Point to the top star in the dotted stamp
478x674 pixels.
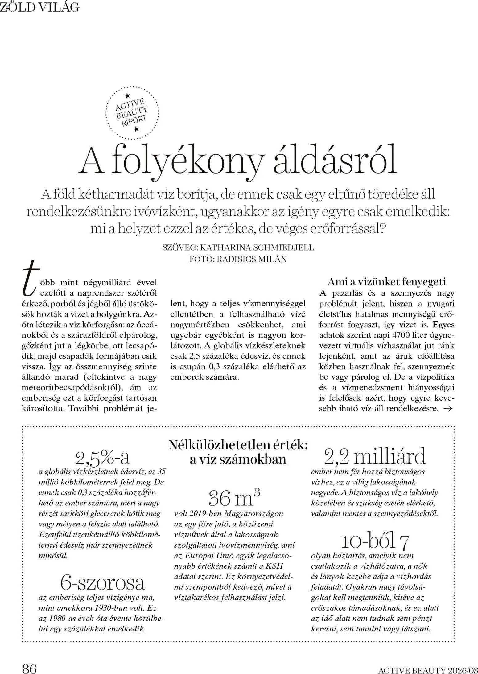coord(128,96)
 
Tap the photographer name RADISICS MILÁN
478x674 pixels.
coord(252,259)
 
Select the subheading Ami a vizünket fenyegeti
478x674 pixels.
coord(387,281)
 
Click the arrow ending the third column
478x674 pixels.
coord(447,409)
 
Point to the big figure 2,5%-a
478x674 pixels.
coord(103,458)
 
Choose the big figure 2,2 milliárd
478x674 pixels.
coord(375,456)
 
